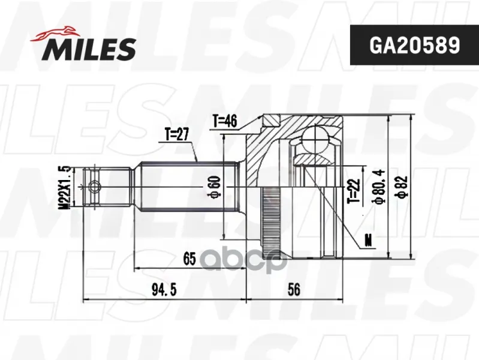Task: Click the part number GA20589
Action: pyautogui.click(x=414, y=45)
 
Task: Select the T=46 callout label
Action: pyautogui.click(x=225, y=121)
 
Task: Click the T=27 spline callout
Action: pyautogui.click(x=177, y=134)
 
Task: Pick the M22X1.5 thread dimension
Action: pyautogui.click(x=66, y=187)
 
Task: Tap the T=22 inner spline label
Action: pyautogui.click(x=354, y=191)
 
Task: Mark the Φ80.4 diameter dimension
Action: pyautogui.click(x=379, y=187)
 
